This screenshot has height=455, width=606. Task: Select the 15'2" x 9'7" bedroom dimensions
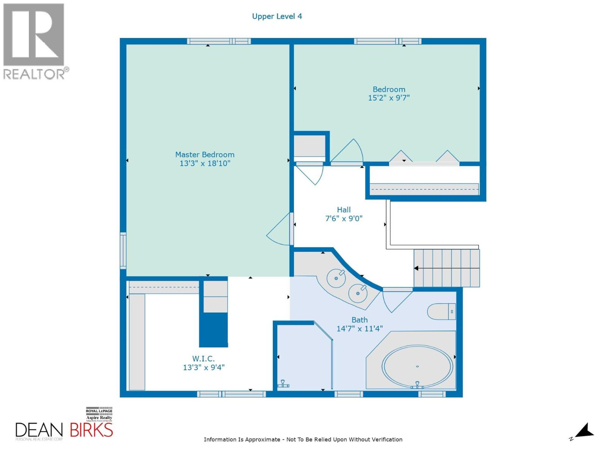(389, 98)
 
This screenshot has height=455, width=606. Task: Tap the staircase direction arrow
(416, 268)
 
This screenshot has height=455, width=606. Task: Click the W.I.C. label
(203, 358)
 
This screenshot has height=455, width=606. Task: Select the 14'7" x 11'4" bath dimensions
(359, 329)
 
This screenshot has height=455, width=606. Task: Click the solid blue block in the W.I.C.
(213, 330)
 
